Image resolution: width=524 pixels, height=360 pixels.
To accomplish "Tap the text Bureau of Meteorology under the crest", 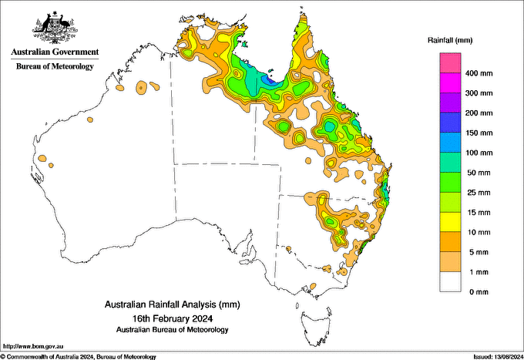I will click(x=55, y=66).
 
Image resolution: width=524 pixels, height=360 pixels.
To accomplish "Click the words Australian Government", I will click(x=54, y=52).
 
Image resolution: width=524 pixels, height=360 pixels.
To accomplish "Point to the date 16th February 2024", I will click(x=171, y=318).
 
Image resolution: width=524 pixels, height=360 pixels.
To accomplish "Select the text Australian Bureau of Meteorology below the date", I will click(x=171, y=329).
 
